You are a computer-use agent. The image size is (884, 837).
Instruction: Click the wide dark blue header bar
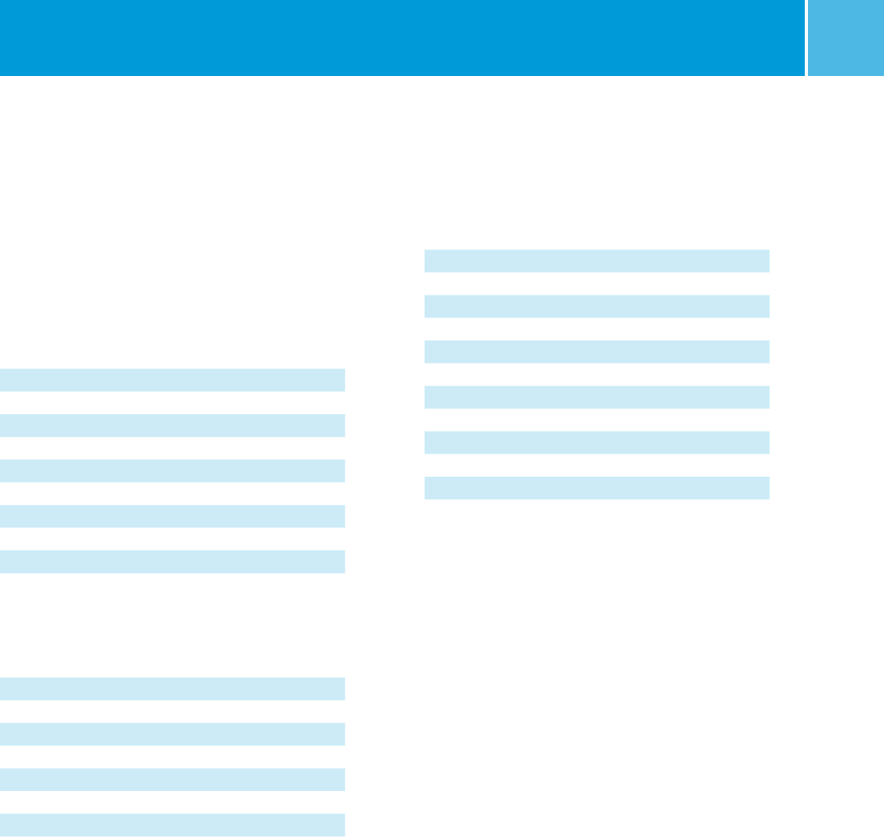[x=402, y=37]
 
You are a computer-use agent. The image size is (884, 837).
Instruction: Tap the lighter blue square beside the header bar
[x=846, y=37]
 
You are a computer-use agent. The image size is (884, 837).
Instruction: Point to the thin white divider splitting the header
[x=806, y=37]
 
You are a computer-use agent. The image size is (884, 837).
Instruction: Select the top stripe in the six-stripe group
[x=596, y=261]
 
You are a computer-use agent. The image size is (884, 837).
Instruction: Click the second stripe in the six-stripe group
[x=596, y=306]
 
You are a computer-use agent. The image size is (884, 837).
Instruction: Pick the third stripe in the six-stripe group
[x=596, y=352]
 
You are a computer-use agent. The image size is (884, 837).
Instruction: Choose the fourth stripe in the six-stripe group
[x=596, y=397]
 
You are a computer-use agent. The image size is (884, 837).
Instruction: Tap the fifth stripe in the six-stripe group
[x=596, y=442]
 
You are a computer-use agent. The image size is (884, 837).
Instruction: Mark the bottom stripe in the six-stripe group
[x=596, y=488]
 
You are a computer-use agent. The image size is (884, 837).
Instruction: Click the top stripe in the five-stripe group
[x=172, y=379]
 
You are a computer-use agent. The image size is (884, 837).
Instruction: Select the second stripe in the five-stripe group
[x=172, y=425]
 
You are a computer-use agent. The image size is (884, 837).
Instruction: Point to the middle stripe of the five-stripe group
[x=172, y=470]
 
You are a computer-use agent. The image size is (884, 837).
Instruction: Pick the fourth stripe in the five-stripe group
[x=172, y=516]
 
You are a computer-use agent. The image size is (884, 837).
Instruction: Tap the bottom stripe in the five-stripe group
[x=172, y=561]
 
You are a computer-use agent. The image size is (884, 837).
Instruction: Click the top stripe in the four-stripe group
[x=172, y=688]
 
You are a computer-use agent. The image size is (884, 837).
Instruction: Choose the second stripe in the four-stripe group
[x=172, y=734]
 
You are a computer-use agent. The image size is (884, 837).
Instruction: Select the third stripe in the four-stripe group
[x=172, y=779]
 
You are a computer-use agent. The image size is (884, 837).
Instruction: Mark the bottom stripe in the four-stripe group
[x=172, y=825]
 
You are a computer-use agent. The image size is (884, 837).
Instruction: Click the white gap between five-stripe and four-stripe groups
[x=172, y=625]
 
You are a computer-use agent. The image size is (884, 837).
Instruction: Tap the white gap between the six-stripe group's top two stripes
[x=596, y=283]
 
